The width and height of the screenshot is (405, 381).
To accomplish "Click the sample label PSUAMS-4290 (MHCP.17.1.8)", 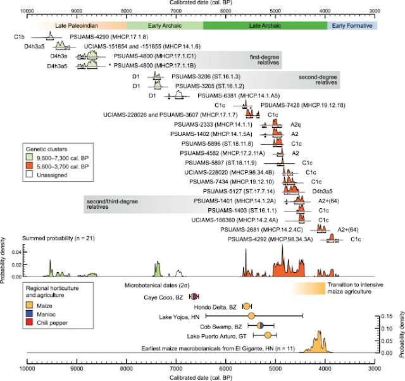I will click(x=99, y=37).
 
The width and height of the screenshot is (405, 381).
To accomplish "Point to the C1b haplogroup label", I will click(x=19, y=37).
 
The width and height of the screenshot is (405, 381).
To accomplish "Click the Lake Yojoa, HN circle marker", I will click(x=251, y=316).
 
